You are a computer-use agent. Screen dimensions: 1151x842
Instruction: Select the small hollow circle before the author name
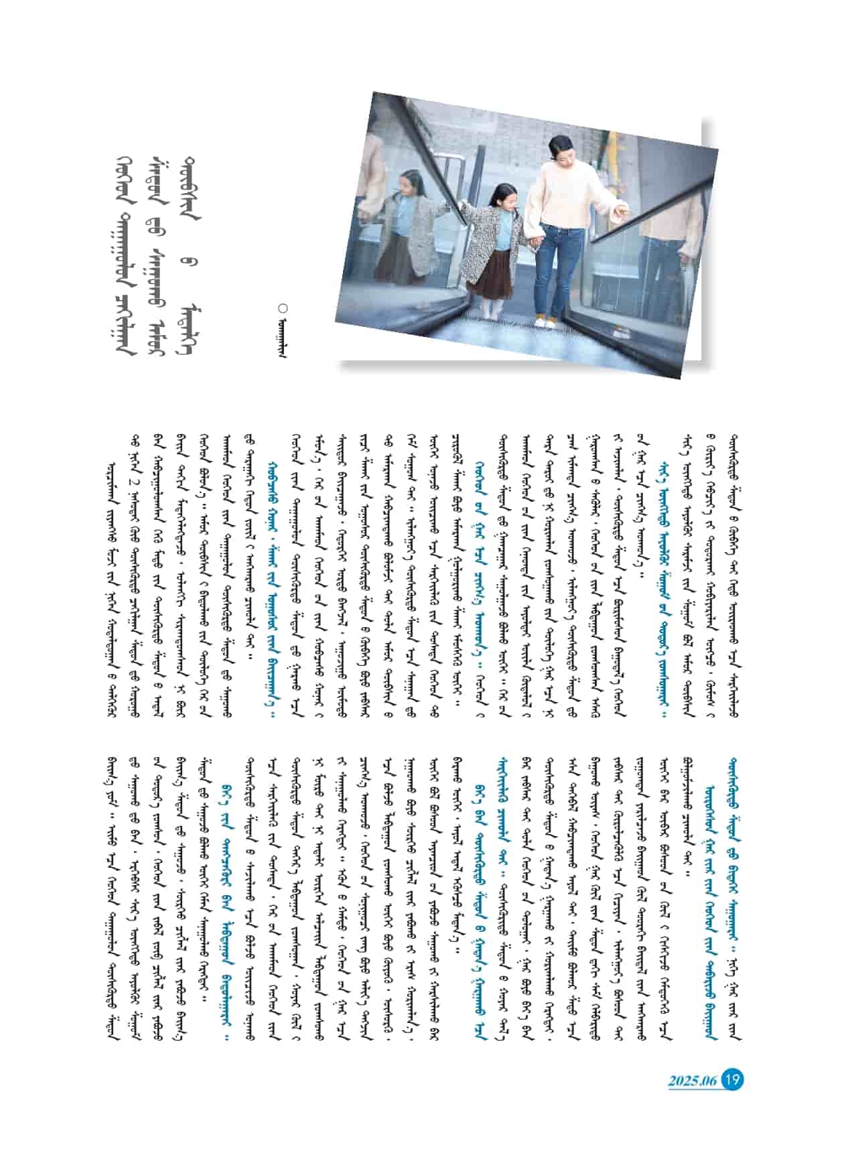(283, 308)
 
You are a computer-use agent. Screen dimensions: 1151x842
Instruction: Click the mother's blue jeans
(555, 268)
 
